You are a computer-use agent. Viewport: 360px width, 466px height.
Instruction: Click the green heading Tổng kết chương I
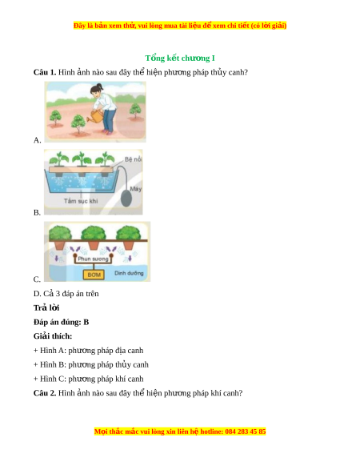[180, 58]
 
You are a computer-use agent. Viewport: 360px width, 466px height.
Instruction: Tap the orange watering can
[95, 116]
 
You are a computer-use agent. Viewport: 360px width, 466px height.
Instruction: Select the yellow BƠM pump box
[94, 275]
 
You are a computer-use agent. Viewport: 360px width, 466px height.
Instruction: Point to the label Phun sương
[93, 259]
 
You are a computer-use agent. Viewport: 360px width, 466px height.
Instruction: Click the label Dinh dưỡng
[129, 273]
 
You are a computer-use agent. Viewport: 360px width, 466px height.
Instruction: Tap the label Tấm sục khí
[81, 201]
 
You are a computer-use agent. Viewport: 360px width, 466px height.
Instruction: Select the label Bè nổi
[133, 159]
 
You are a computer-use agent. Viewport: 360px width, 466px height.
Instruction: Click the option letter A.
[37, 140]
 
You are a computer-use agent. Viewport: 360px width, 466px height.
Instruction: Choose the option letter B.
[37, 212]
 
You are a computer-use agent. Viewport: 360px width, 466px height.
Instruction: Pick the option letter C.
[37, 279]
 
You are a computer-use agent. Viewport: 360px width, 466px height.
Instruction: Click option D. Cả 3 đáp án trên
[66, 294]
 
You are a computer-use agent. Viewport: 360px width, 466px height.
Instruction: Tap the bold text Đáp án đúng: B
[61, 322]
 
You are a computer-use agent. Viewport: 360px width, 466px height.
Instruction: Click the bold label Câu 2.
[45, 393]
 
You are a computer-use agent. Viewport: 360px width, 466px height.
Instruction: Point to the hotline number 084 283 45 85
[246, 432]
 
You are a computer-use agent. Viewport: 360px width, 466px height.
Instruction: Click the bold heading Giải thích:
[53, 336]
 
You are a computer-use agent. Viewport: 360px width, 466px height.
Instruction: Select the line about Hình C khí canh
[89, 379]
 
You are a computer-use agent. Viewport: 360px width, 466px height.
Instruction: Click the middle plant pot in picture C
[94, 244]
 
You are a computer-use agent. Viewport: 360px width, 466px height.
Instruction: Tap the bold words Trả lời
[46, 307]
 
